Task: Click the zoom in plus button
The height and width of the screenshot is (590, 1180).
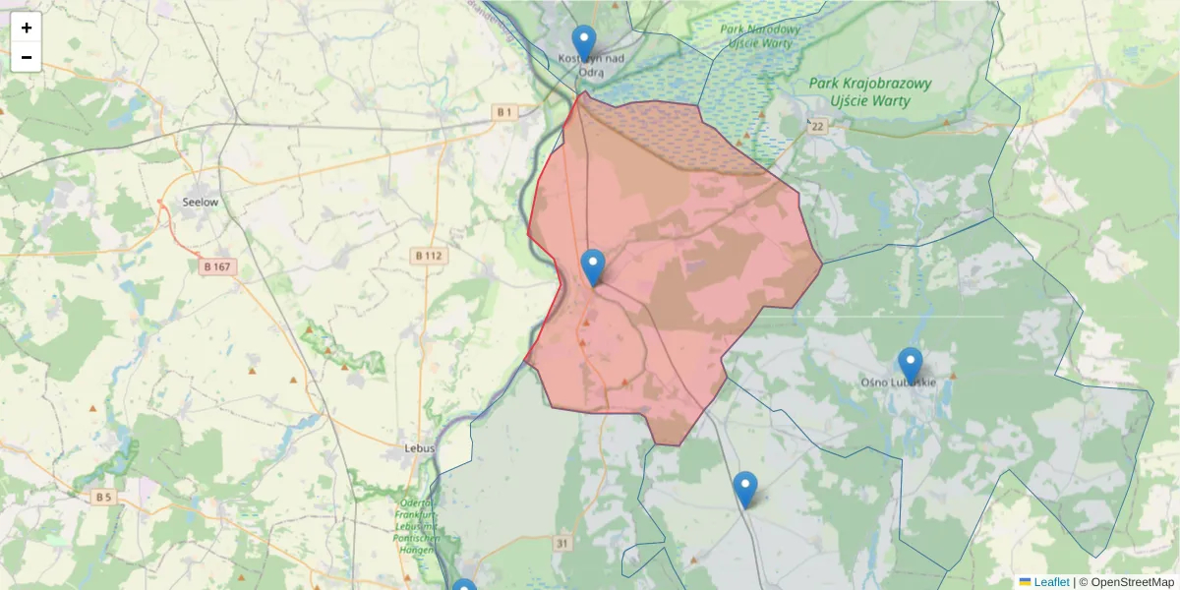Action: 27,28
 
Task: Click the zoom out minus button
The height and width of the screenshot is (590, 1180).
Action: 27,57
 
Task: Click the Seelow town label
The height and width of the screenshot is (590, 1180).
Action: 201,202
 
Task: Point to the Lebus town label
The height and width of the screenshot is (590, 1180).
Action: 420,447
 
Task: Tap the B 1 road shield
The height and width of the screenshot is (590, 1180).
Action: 505,112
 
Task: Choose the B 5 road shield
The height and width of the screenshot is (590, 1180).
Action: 104,497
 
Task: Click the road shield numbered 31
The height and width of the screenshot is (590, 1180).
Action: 561,543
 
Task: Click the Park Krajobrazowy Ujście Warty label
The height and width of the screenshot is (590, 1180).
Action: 870,91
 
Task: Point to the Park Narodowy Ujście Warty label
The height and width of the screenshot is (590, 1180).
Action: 760,36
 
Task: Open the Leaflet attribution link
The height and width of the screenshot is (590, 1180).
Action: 1050,582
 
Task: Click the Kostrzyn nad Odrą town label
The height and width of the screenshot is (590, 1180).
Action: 590,65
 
